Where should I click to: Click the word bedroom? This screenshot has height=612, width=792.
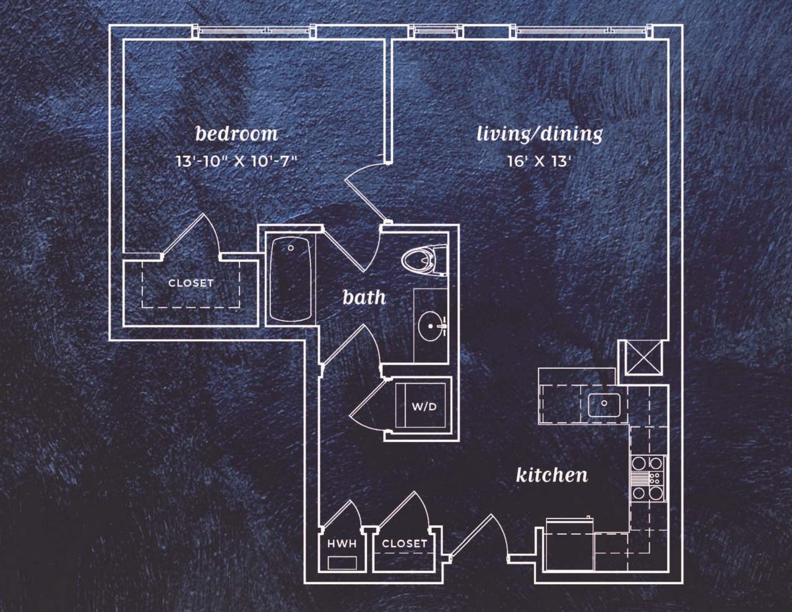pyautogui.click(x=236, y=134)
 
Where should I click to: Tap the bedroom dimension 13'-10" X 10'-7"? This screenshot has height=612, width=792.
pyautogui.click(x=237, y=162)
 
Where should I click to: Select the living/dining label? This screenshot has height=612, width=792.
pyautogui.click(x=540, y=134)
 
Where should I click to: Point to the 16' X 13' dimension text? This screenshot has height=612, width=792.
pyautogui.click(x=538, y=162)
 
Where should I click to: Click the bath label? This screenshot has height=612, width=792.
pyautogui.click(x=364, y=298)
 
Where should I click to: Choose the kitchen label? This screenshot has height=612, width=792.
pyautogui.click(x=551, y=475)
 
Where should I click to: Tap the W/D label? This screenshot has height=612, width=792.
pyautogui.click(x=424, y=407)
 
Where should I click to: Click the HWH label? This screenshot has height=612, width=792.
pyautogui.click(x=342, y=544)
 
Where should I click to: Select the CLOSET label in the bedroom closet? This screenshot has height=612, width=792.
pyautogui.click(x=191, y=283)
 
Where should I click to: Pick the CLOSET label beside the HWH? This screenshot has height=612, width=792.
pyautogui.click(x=404, y=543)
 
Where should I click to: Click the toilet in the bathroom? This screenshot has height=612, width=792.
pyautogui.click(x=424, y=261)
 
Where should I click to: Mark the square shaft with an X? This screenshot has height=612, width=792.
pyautogui.click(x=642, y=358)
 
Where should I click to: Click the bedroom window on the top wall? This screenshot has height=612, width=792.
pyautogui.click(x=254, y=30)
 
